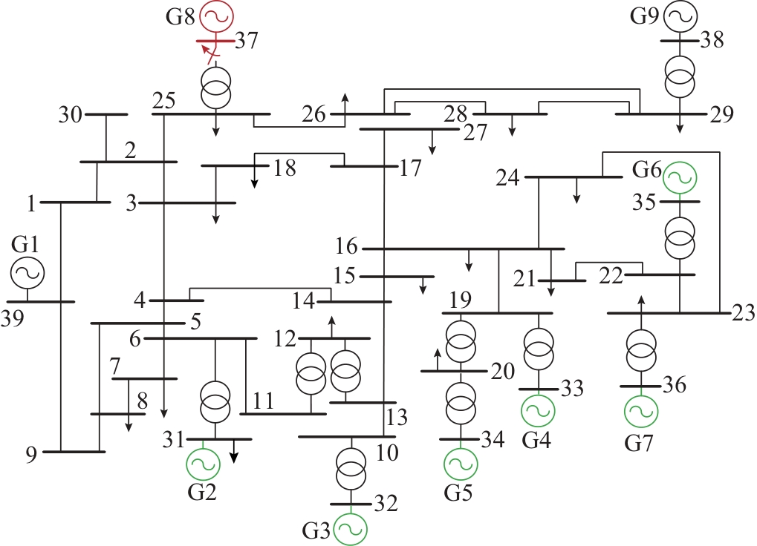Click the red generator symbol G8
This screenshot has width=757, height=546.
(x=217, y=17)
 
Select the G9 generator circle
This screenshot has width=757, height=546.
(x=680, y=17)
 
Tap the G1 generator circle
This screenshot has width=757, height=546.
(x=27, y=273)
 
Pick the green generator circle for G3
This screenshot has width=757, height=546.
(x=351, y=529)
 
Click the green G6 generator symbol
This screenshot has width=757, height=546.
(x=680, y=178)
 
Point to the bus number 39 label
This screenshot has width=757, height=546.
(x=12, y=318)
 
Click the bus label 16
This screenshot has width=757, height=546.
(x=347, y=246)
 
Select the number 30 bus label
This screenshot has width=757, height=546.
(x=71, y=115)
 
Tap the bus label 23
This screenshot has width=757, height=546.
(x=744, y=313)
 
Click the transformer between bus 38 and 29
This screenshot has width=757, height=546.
(x=680, y=76)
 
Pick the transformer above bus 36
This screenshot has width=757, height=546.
(x=641, y=350)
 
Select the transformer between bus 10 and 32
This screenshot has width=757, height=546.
(x=351, y=468)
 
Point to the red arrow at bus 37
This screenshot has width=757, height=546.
(x=209, y=53)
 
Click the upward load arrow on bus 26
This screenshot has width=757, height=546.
(x=345, y=104)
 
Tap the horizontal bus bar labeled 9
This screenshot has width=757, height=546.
(x=74, y=452)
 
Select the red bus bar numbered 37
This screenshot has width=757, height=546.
(x=215, y=41)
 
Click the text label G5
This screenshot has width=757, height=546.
(x=458, y=492)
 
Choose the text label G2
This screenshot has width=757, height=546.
(x=202, y=492)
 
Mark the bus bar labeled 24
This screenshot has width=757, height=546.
(x=574, y=177)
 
